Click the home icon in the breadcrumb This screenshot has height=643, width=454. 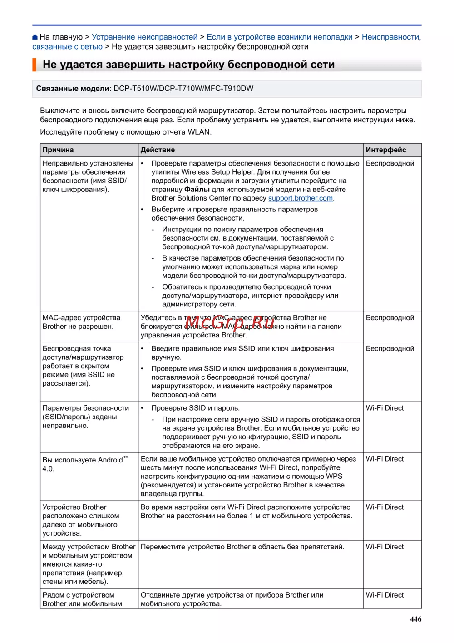(35, 37)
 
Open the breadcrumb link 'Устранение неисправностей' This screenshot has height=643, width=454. (144, 37)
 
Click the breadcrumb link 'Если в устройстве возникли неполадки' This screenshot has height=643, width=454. (279, 37)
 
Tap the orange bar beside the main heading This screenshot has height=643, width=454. (34, 65)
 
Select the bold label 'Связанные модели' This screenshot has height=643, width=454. (73, 89)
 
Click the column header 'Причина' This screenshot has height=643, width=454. (58, 150)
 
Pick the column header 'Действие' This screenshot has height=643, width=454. (158, 150)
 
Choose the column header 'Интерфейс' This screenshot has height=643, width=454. (386, 150)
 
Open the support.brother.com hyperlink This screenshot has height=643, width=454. (301, 198)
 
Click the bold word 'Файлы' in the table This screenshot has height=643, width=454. (197, 190)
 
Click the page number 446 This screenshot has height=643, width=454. (415, 619)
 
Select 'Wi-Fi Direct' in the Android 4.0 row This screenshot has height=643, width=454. (385, 459)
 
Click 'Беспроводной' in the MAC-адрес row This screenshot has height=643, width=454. (390, 318)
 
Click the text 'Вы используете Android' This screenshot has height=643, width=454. (83, 460)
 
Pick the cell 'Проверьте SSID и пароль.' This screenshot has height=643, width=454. (195, 408)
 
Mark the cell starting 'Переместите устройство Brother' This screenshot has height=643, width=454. (242, 547)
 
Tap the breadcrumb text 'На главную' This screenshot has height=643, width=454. (61, 37)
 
